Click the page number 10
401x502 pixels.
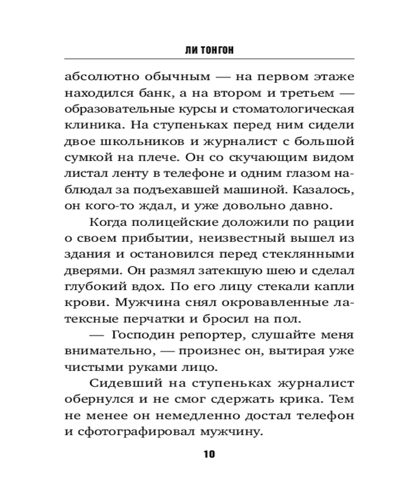[209, 454]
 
